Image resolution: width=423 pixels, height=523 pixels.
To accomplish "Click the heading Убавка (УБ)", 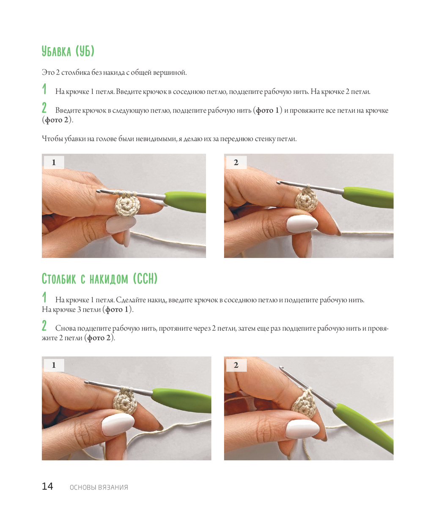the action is pos(68,51).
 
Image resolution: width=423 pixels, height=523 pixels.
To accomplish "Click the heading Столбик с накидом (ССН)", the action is pos(99,279).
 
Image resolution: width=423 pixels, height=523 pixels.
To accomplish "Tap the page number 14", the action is pos(47,486).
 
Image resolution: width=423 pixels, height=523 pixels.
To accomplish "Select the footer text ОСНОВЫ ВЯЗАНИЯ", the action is pos(99,487).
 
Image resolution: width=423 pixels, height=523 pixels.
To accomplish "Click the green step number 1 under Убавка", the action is pos(44,89).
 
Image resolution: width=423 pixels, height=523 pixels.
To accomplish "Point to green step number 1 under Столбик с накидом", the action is pos(44,297).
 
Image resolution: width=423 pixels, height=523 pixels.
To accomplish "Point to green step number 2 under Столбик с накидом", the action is pos(44,326).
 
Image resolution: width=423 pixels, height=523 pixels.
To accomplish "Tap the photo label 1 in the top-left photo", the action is pos(54,162).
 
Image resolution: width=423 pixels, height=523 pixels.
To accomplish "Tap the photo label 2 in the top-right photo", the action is pos(236,162).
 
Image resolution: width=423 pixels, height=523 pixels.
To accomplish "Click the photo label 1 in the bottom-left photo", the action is pos(54,365).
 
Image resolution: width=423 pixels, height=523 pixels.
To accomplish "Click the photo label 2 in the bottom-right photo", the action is pos(236,365).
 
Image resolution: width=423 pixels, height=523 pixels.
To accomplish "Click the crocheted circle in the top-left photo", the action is pos(127,205).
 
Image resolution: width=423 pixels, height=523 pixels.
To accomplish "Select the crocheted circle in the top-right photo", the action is pos(306,200).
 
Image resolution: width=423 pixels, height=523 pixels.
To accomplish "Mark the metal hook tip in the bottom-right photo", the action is pos(281,367).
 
